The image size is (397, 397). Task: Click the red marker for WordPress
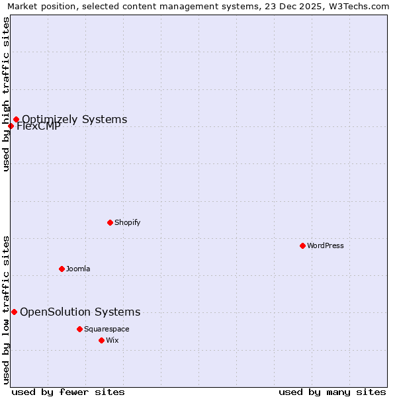[x=302, y=245]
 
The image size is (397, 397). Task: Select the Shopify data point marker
[x=110, y=222]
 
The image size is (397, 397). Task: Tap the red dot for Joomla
[x=62, y=269]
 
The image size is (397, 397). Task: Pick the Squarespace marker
[x=79, y=329]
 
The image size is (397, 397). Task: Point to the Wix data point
[x=101, y=340]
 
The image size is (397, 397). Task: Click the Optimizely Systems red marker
[x=16, y=120]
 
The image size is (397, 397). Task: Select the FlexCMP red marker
[x=11, y=126]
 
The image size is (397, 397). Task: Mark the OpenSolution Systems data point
[x=14, y=312]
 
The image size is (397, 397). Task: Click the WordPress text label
[x=326, y=245]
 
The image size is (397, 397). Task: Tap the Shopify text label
[x=128, y=222]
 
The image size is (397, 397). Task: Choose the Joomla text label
[x=78, y=269]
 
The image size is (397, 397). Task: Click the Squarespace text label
[x=107, y=329]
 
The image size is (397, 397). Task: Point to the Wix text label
[x=112, y=340]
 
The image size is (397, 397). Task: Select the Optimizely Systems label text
[x=75, y=120]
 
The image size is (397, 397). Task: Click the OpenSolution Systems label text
[x=80, y=312]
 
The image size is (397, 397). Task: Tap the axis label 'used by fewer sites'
[x=68, y=392]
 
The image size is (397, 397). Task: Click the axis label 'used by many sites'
[x=332, y=392]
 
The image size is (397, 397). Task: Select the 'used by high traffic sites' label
[x=6, y=94]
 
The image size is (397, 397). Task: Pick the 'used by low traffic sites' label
[x=6, y=309]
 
